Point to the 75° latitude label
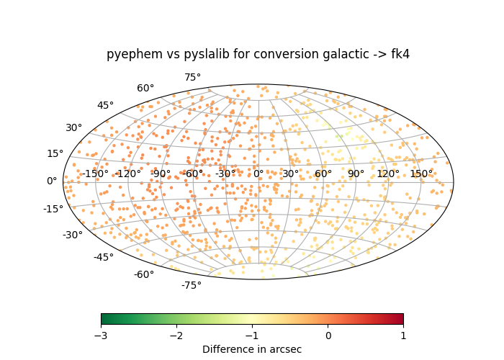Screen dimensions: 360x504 point(192,77)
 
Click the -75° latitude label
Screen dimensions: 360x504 point(191,285)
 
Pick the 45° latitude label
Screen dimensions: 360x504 point(105,105)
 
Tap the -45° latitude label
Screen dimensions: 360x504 point(103,257)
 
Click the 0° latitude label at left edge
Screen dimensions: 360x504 point(52,181)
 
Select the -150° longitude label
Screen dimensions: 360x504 point(95,174)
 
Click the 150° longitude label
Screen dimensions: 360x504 point(421,174)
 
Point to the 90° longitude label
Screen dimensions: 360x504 point(356,174)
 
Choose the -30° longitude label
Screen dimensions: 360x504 point(225,174)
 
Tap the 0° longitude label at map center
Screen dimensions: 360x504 point(258,174)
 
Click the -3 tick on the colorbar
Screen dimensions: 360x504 point(101,336)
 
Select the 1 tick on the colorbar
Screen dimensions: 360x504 point(403,336)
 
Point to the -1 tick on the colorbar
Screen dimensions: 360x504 point(252,336)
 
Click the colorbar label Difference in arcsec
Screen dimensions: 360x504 point(252,349)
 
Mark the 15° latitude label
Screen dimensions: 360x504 point(55,153)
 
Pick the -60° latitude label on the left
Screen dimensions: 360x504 point(143,274)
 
